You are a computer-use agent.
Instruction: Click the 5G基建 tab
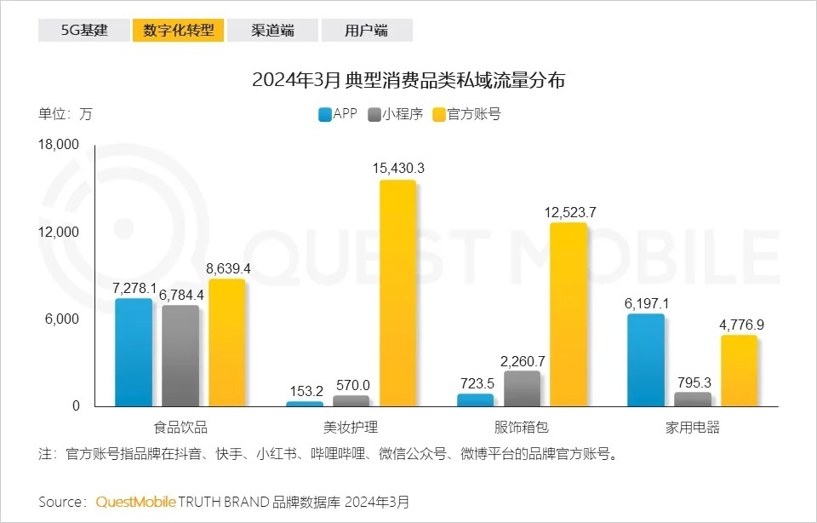pos(84,31)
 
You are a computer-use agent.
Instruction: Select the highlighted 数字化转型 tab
pos(178,31)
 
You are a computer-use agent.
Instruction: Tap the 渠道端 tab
pos(272,31)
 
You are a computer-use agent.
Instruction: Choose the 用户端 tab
pos(367,31)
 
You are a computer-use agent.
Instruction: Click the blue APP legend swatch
pos(324,114)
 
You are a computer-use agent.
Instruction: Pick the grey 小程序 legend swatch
pos(374,114)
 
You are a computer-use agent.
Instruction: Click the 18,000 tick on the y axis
pos(59,146)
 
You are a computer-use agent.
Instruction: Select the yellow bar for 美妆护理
pos(397,293)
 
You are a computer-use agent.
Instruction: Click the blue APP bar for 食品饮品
pos(134,353)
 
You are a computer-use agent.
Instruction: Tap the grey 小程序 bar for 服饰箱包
pos(522,388)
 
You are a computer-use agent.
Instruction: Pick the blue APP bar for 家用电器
pos(646,360)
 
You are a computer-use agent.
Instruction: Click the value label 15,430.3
pos(398,169)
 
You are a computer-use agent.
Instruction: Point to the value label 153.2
pos(306,391)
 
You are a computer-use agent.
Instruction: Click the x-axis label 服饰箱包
pos(522,428)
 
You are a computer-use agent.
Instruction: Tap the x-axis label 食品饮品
pos(180,428)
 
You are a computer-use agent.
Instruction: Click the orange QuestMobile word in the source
pos(135,502)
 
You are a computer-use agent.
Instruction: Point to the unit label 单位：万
pos(65,114)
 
